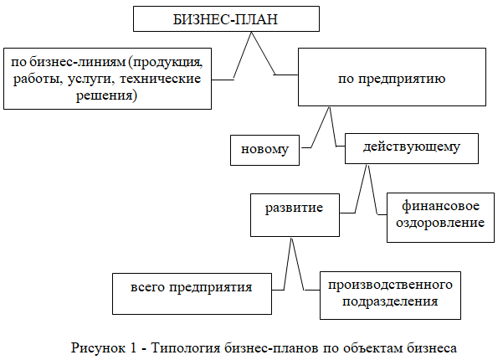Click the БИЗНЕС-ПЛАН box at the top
[x=226, y=19]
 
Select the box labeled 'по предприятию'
[x=392, y=77]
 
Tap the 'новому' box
[x=264, y=150]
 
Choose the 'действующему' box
[x=412, y=148]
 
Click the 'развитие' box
[x=295, y=215]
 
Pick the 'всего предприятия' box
[x=192, y=294]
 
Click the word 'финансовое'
[x=440, y=206]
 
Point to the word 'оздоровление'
[x=440, y=223]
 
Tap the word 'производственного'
[x=390, y=285]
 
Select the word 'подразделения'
[x=390, y=302]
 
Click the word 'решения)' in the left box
[x=106, y=95]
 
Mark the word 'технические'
[x=161, y=79]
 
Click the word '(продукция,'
[x=166, y=62]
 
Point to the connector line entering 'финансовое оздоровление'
[x=372, y=190]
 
